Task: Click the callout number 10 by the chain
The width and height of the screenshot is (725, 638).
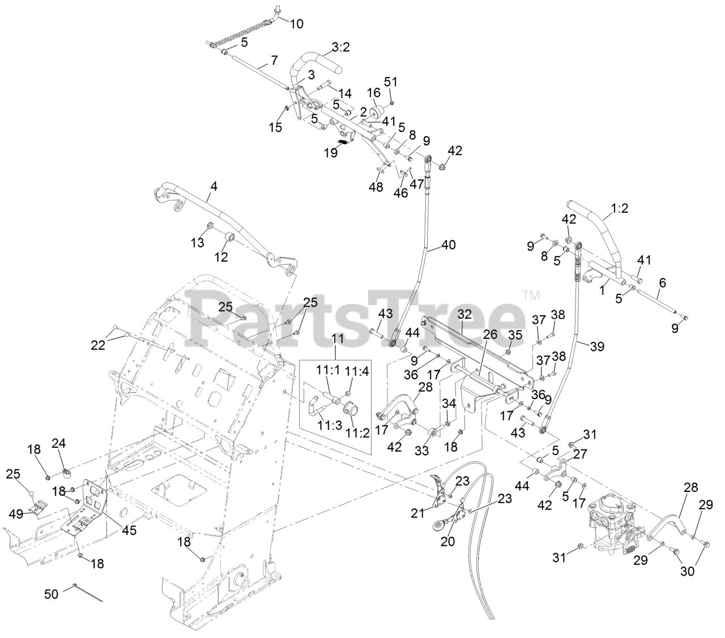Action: coord(296,24)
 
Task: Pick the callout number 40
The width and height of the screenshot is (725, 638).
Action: coord(448,245)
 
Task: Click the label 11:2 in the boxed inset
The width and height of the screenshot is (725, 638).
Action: coord(358,434)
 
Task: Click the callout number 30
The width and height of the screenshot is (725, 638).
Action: coord(686,571)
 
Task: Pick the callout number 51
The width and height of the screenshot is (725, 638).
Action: coord(391,82)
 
